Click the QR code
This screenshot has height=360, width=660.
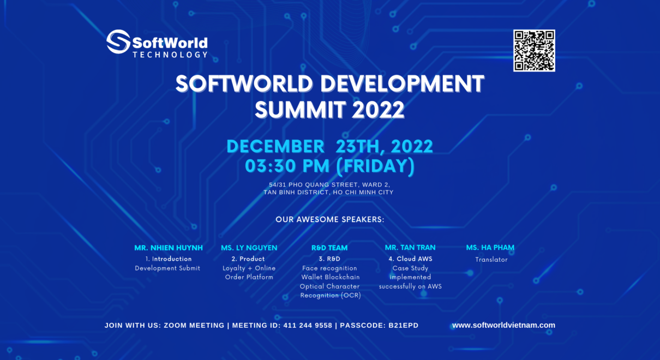click(534, 50)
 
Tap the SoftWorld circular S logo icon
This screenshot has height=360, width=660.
click(118, 42)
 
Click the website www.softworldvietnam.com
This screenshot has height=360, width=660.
click(503, 325)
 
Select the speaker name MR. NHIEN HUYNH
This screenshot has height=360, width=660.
click(169, 248)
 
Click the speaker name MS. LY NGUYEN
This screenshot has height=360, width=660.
click(249, 248)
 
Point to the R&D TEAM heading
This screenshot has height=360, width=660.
click(329, 248)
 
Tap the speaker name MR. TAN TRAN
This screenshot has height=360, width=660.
click(410, 248)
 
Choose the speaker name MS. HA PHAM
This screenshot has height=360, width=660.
click(490, 248)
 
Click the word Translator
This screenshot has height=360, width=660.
click(491, 260)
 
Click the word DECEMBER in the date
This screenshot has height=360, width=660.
click(275, 146)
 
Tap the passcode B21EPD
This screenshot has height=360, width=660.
click(403, 326)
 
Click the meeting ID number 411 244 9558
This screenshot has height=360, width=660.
click(308, 326)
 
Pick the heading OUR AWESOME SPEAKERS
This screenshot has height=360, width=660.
click(330, 219)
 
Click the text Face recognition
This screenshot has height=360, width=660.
click(329, 268)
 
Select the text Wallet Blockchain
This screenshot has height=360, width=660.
click(330, 277)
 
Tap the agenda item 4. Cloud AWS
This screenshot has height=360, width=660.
click(410, 259)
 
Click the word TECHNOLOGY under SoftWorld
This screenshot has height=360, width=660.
click(170, 55)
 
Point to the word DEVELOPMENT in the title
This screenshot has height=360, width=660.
click(403, 84)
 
